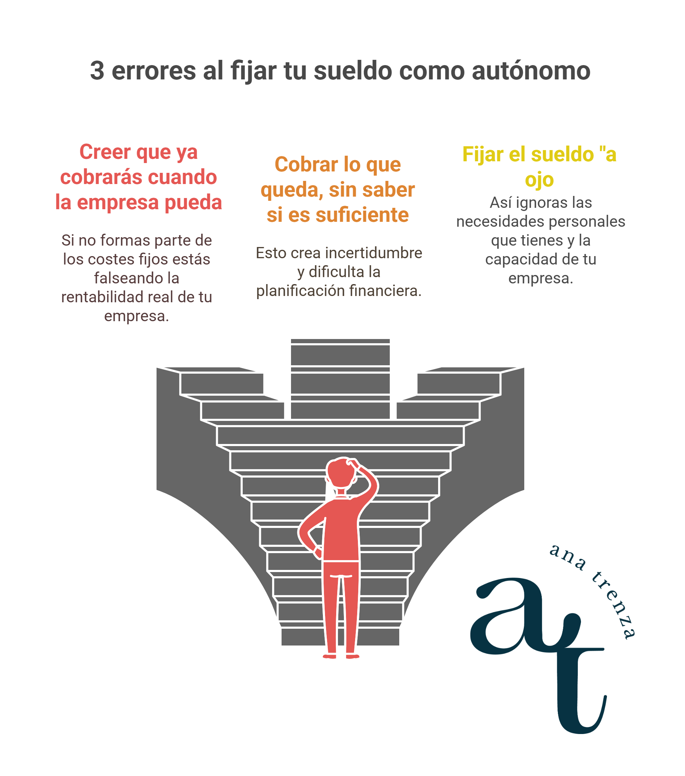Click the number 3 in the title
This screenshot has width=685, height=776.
click(x=97, y=71)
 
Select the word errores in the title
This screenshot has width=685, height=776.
click(x=153, y=71)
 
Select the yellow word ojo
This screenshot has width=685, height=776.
click(x=539, y=179)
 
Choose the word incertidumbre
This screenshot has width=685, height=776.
click(x=373, y=253)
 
